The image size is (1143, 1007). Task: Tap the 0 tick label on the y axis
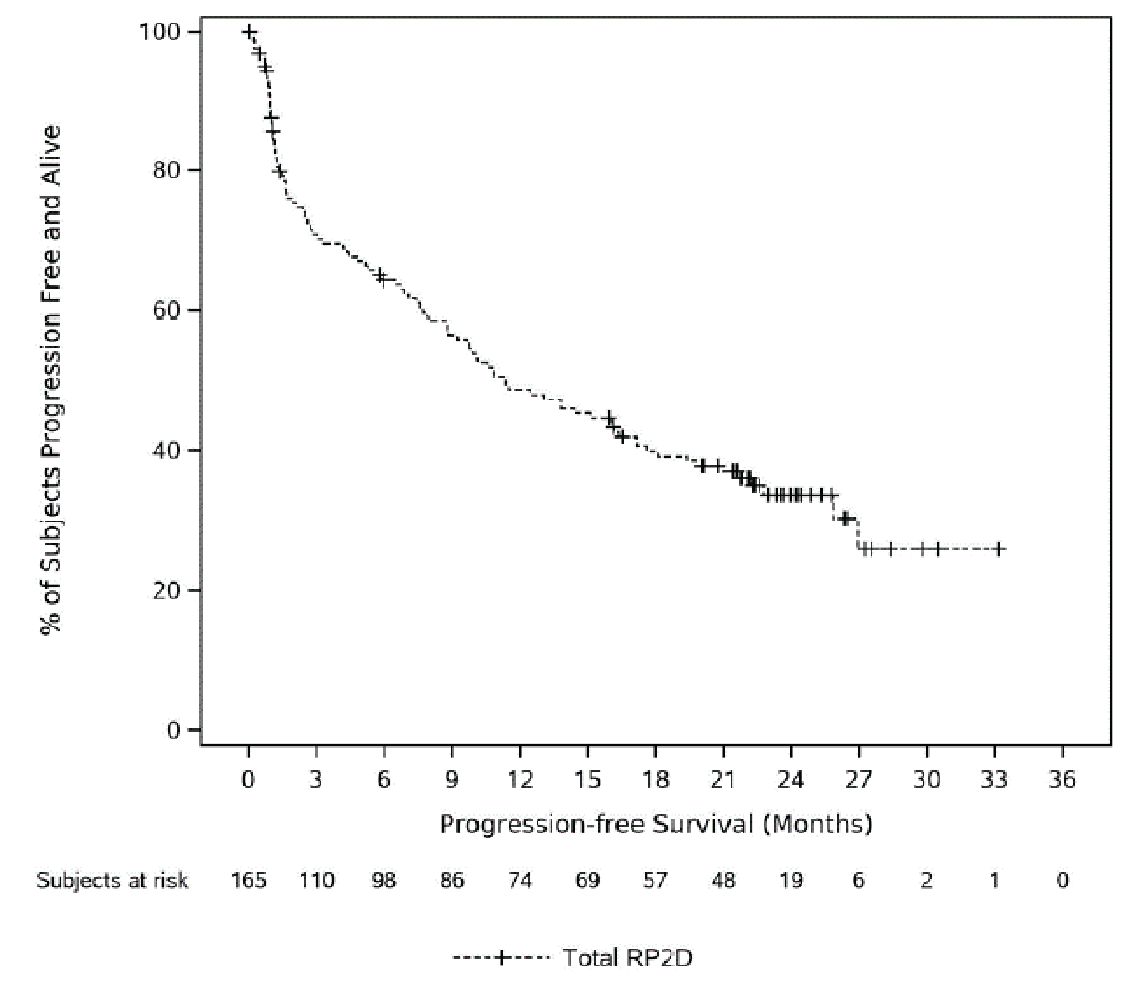[x=174, y=730]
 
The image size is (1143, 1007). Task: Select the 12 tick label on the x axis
[x=520, y=779]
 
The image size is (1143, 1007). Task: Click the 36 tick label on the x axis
[x=1062, y=779]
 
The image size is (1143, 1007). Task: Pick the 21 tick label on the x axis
[x=723, y=779]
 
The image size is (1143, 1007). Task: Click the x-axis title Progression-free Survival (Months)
[x=656, y=824]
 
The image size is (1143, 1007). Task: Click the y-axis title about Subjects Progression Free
[x=51, y=380]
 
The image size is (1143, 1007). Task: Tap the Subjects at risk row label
[x=112, y=881]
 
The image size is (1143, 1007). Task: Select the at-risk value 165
[x=249, y=881]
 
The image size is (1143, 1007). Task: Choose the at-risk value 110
[x=317, y=881]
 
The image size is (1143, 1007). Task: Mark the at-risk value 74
[x=520, y=881]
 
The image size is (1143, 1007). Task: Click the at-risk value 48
[x=723, y=881]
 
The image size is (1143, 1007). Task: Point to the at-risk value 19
[x=791, y=881]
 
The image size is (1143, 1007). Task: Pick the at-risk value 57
[x=655, y=881]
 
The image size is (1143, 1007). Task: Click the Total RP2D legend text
[x=627, y=958]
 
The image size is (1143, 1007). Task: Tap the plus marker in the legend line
[x=501, y=958]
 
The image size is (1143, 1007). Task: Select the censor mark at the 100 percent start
[x=250, y=32]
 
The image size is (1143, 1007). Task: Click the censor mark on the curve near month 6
[x=381, y=277]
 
